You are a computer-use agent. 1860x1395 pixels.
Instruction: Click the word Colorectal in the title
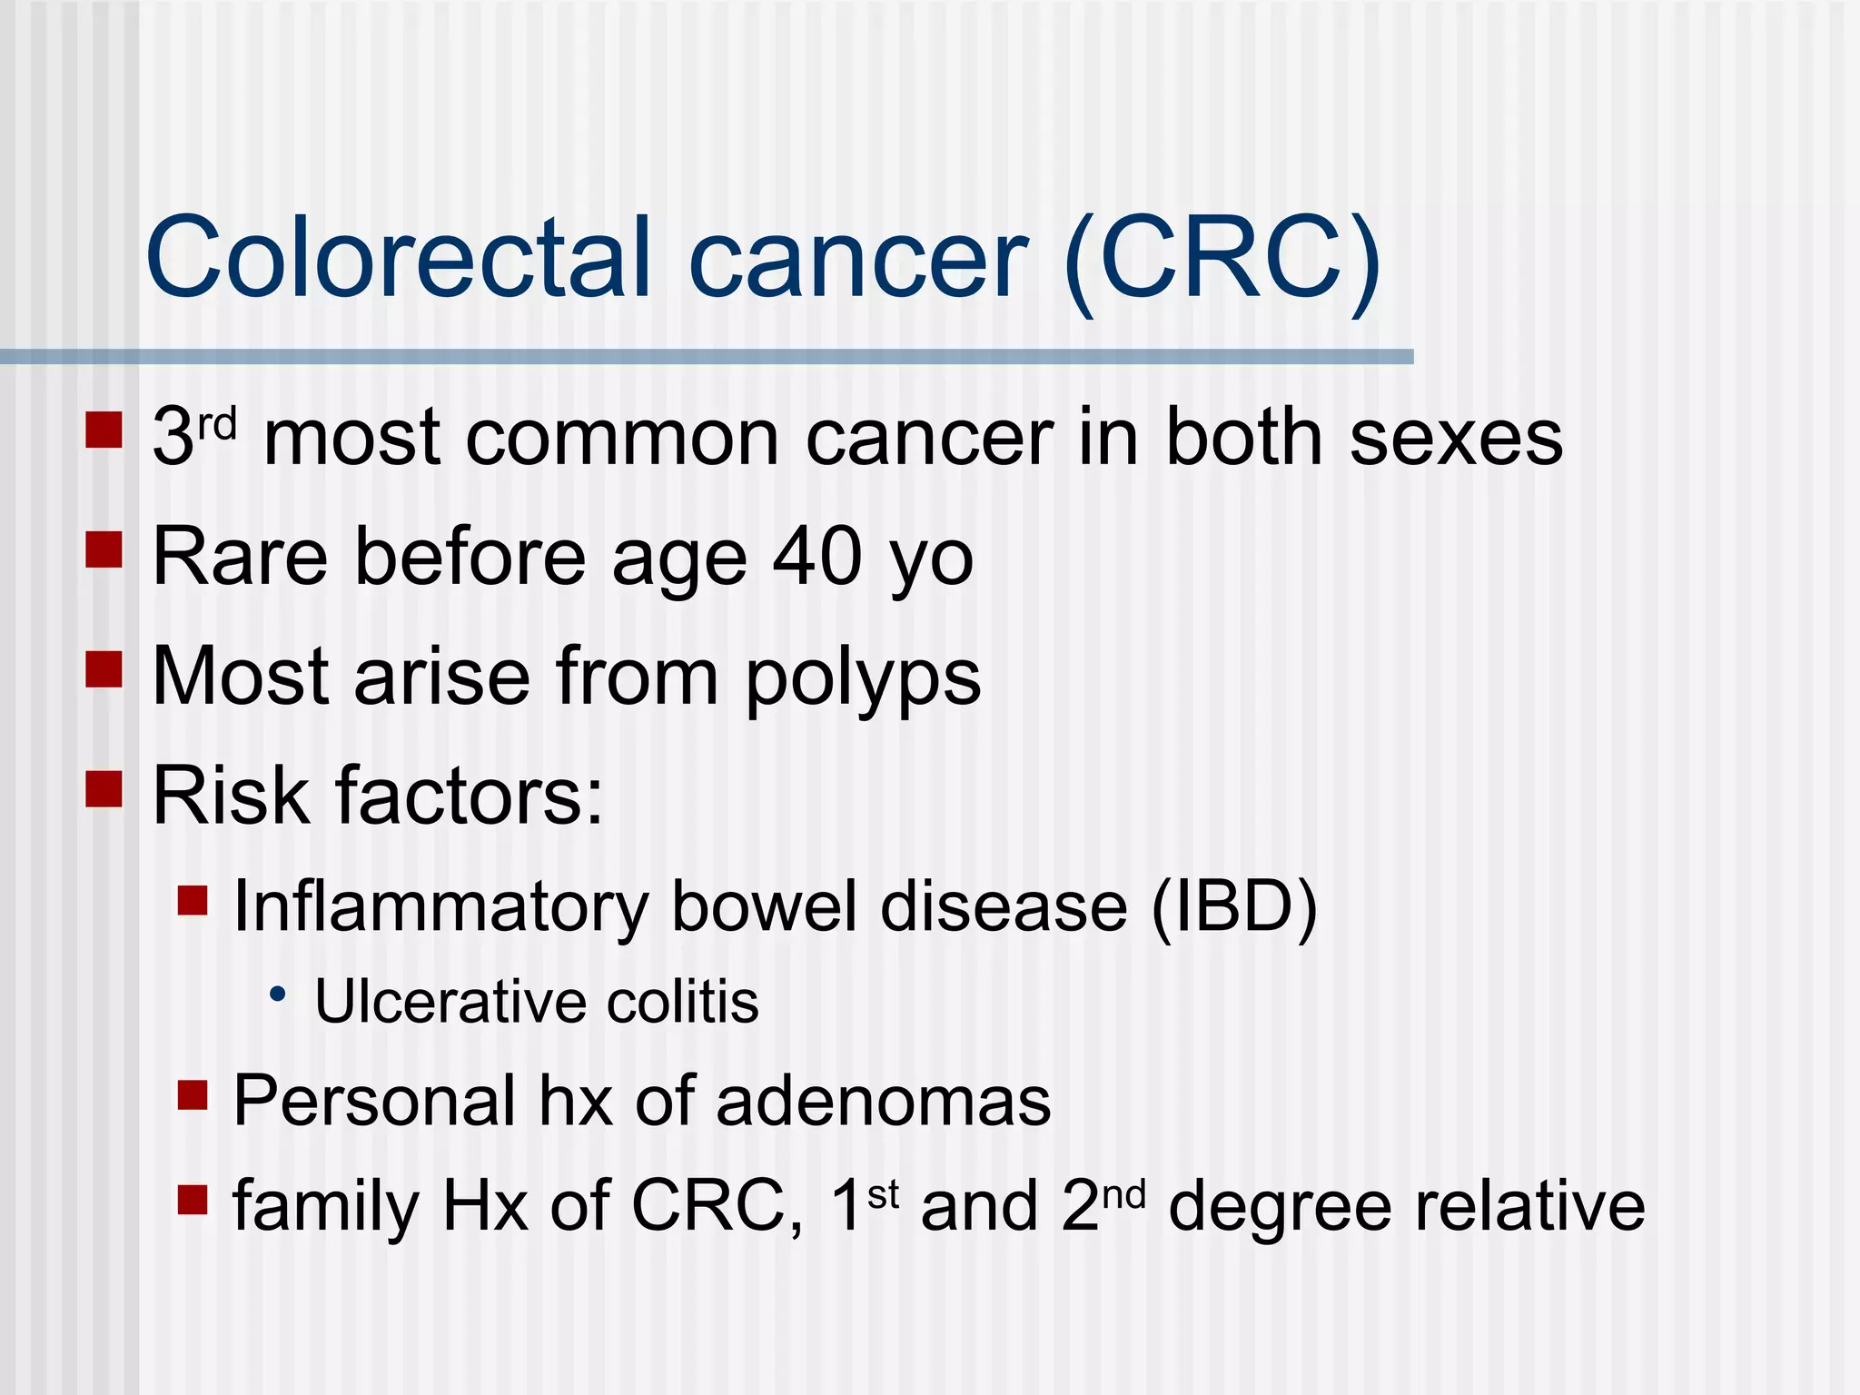pyautogui.click(x=399, y=258)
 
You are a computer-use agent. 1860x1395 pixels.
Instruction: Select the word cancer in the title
pyautogui.click(x=858, y=263)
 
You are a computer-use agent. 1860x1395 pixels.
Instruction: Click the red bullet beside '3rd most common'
pyautogui.click(x=104, y=430)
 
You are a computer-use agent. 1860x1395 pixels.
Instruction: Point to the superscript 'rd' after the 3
pyautogui.click(x=218, y=423)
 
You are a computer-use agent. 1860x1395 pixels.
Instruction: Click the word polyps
pyautogui.click(x=863, y=679)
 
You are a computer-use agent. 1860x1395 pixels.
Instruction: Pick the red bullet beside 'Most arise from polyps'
pyautogui.click(x=104, y=669)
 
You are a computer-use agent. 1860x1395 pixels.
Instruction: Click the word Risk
pyautogui.click(x=232, y=796)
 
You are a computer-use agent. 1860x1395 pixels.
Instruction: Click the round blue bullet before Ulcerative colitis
pyautogui.click(x=278, y=994)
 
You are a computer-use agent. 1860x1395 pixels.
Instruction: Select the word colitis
pyautogui.click(x=682, y=1003)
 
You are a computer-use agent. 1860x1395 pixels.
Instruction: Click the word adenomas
pyautogui.click(x=883, y=1101)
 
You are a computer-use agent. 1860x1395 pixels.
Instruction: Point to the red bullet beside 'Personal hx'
pyautogui.click(x=193, y=1095)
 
